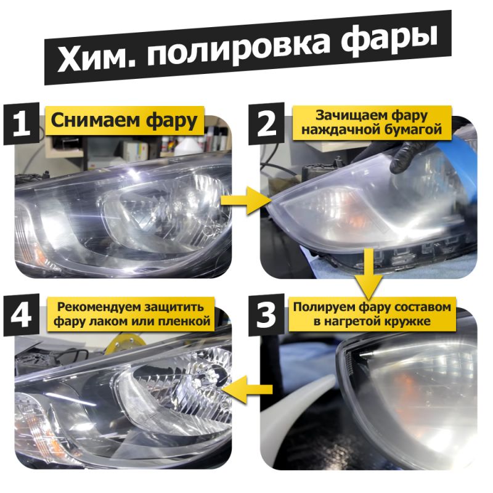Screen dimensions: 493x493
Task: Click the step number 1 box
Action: pos(22,124)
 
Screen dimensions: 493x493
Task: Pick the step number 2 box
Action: pos(266,124)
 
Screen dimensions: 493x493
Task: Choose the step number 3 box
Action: pos(266,315)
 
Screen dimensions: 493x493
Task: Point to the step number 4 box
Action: pos(22,315)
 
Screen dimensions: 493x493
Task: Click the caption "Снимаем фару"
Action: pos(124,121)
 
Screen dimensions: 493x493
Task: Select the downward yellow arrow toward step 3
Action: pos(369,274)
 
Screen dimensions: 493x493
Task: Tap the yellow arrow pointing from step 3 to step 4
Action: pos(248,389)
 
